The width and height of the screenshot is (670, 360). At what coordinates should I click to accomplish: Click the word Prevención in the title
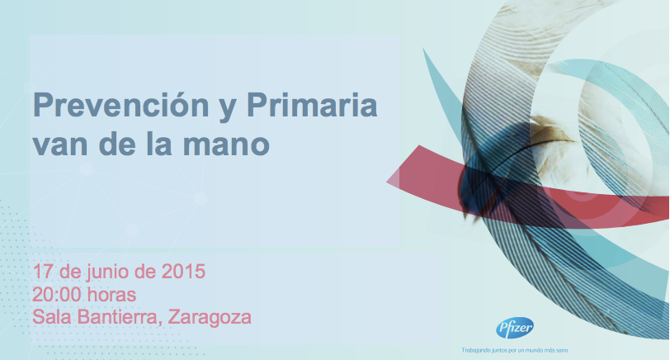point(121,105)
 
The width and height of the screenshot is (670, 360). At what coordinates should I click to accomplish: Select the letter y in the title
point(228,110)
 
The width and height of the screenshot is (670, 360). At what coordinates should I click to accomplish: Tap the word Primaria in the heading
point(313,105)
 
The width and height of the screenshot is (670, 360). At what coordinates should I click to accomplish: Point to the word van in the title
point(60,146)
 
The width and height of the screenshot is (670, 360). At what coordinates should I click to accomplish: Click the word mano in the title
point(226,146)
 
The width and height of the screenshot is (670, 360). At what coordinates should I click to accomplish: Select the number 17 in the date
point(43,272)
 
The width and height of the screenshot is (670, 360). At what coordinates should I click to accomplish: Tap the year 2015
point(183,272)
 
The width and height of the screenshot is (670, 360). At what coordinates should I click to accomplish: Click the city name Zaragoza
point(210,319)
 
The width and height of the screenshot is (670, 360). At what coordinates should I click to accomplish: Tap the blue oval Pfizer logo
point(515,329)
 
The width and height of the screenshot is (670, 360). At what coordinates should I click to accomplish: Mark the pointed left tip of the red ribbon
point(387,182)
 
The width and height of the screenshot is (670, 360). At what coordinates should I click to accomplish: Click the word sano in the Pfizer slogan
point(563,351)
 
